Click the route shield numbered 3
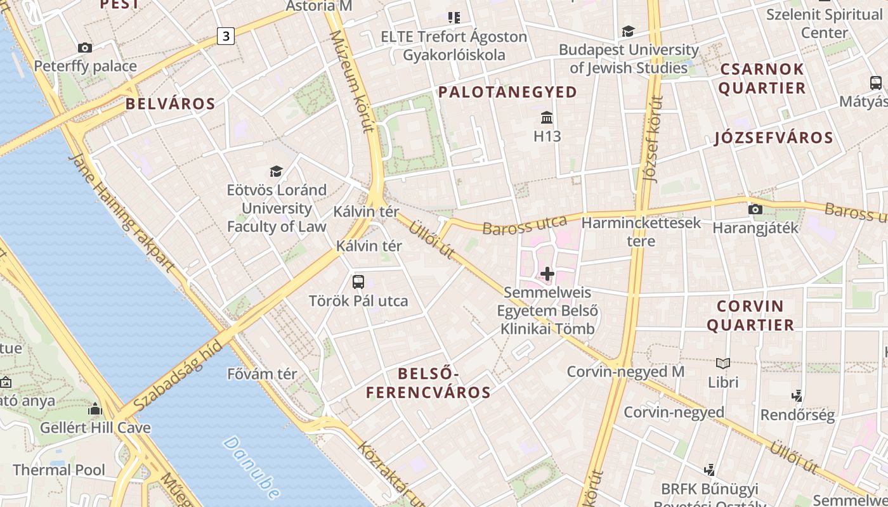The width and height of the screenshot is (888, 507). point(225,37)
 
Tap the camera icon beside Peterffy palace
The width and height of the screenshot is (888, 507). point(85,48)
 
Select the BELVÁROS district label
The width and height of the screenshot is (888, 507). point(170,104)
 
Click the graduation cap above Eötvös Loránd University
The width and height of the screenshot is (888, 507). point(276,171)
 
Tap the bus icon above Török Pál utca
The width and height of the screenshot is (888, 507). point(358,281)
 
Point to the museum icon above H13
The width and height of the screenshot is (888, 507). point(547,117)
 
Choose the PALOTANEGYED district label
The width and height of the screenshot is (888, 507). point(507,92)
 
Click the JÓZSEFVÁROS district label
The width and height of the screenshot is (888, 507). point(773,138)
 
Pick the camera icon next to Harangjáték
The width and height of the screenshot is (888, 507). point(755,209)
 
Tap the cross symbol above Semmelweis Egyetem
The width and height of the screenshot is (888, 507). point(547,274)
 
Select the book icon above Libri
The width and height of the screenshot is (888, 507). point(723,364)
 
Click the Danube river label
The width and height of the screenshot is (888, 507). point(252,467)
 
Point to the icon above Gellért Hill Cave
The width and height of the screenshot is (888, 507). point(95,409)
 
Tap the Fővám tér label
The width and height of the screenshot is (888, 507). point(262,374)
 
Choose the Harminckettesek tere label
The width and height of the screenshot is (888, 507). point(641,231)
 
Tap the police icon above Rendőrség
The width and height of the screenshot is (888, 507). point(797,397)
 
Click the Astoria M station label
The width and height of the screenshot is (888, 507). point(319,6)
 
